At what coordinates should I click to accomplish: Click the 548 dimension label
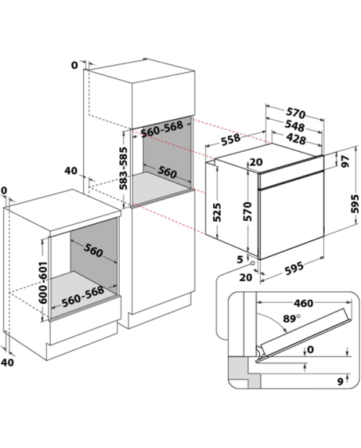click(x=295, y=126)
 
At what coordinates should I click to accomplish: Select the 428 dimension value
click(x=296, y=139)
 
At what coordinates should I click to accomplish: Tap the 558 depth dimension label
click(x=230, y=139)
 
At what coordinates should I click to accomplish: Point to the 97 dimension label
click(x=344, y=161)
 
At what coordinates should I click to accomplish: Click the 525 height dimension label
click(x=217, y=212)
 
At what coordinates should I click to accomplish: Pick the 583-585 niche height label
click(x=123, y=168)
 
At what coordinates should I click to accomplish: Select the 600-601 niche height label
click(x=43, y=283)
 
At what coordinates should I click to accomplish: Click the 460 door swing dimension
click(x=303, y=303)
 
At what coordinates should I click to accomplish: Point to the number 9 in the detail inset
click(x=340, y=382)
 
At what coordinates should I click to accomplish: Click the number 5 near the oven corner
click(x=240, y=259)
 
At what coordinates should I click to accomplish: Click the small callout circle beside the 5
click(x=252, y=263)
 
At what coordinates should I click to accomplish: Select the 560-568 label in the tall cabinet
click(x=162, y=129)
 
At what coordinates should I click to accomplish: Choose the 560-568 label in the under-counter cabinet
click(x=83, y=296)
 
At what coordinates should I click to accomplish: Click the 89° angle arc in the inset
click(x=274, y=319)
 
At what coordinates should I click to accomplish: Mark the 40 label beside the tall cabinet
click(x=71, y=171)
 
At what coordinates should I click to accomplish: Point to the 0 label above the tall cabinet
click(x=74, y=65)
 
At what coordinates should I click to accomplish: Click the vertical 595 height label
click(x=355, y=204)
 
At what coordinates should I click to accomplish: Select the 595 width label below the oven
click(x=294, y=268)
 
